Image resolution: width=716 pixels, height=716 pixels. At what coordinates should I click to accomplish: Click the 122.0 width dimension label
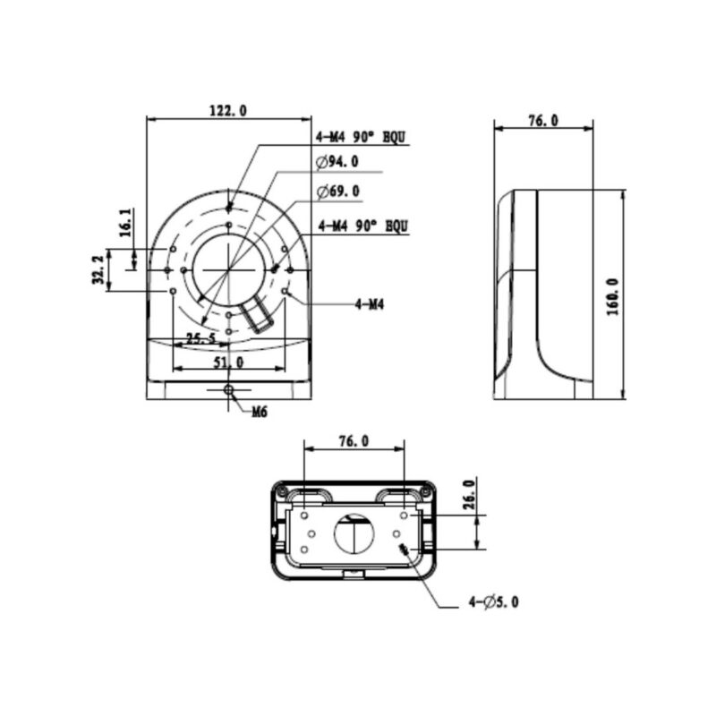(227, 110)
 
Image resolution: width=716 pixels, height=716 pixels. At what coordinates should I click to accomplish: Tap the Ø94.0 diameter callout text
(337, 162)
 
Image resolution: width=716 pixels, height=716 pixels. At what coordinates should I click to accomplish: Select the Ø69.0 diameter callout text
(337, 191)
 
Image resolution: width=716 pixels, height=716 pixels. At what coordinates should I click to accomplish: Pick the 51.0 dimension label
(228, 362)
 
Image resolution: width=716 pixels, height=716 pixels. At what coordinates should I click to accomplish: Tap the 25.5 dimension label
(200, 339)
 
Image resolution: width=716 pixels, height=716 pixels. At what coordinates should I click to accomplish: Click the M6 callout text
(260, 413)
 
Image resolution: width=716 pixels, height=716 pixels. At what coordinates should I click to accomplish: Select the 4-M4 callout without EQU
(369, 305)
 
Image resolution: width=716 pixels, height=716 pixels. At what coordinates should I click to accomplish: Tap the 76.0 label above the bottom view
(354, 441)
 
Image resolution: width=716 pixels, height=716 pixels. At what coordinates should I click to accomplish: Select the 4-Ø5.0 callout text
(493, 602)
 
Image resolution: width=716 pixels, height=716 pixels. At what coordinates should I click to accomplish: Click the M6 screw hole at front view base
(229, 390)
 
